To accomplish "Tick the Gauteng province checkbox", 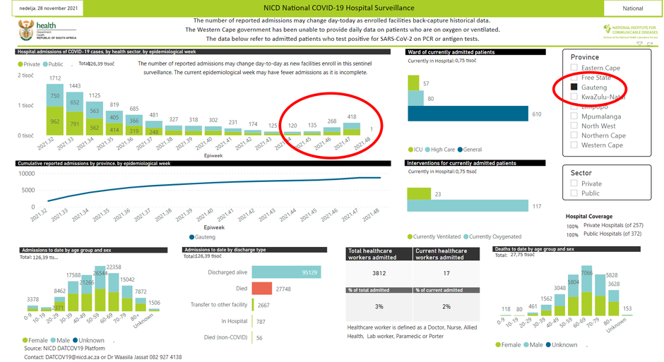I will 575,87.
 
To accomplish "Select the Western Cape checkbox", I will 575,145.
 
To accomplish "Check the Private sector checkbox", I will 575,183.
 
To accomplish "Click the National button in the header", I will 632,8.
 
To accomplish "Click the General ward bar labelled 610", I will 468,114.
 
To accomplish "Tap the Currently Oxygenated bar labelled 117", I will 467,205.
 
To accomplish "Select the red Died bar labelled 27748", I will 261,289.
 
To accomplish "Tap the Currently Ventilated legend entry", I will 434,236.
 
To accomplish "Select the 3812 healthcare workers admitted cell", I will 378,273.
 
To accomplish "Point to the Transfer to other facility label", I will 218,304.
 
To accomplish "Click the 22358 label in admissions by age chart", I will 115,267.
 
